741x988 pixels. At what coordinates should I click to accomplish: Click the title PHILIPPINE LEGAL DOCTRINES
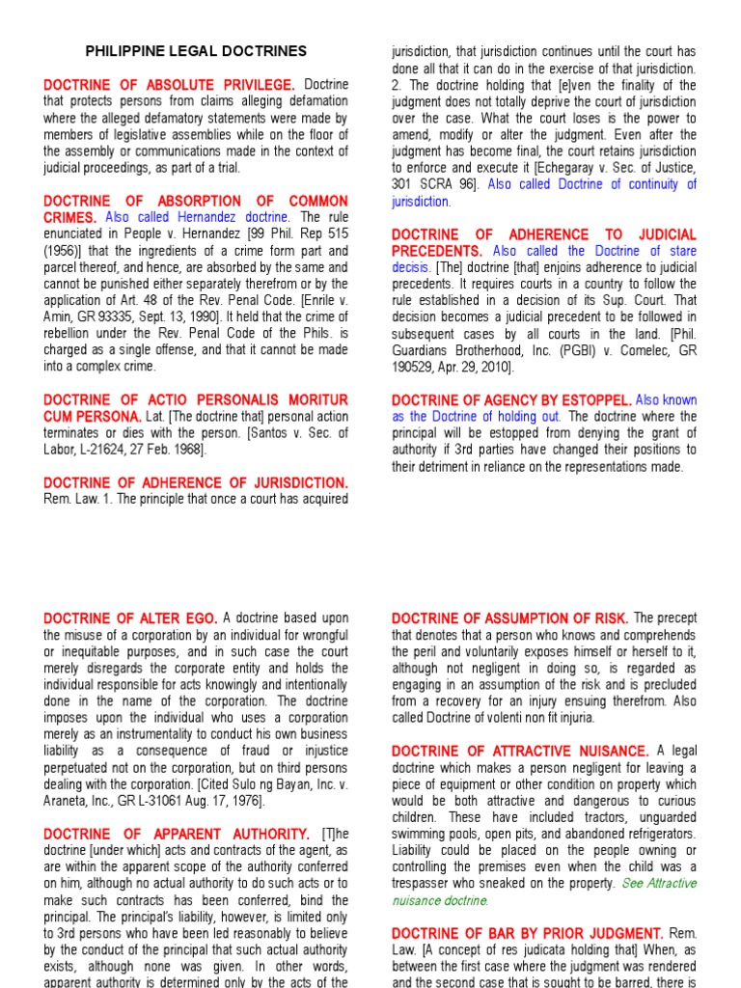196,51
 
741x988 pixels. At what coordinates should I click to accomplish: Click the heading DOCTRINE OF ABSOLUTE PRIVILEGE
170,85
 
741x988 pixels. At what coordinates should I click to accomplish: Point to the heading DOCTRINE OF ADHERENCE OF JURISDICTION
195,481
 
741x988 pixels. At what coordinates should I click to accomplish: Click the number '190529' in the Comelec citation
419,367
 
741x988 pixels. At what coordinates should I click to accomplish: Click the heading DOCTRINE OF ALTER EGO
131,617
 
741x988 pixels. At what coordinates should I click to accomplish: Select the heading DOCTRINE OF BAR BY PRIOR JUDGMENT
527,933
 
